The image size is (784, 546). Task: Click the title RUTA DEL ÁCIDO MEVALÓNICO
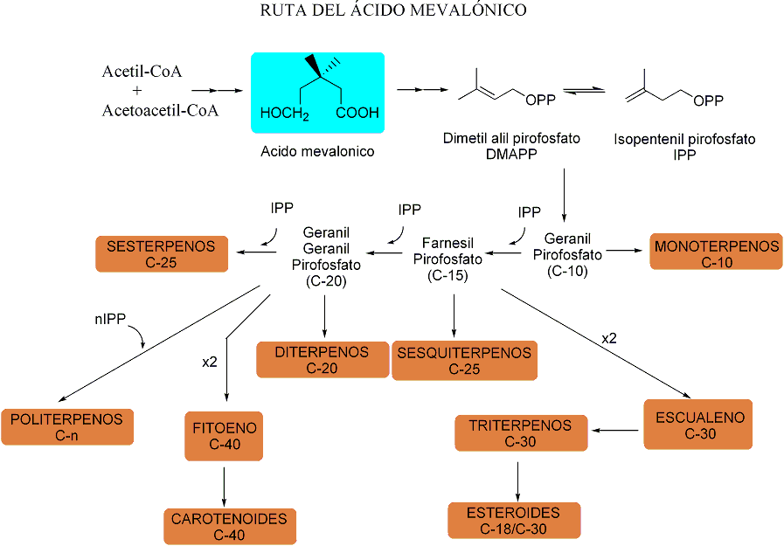pyautogui.click(x=393, y=10)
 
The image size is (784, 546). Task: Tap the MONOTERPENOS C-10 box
pyautogui.click(x=716, y=253)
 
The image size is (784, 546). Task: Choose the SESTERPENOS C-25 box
pyautogui.click(x=161, y=253)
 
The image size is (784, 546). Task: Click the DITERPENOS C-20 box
pyautogui.click(x=322, y=360)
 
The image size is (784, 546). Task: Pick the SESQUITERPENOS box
pyautogui.click(x=463, y=360)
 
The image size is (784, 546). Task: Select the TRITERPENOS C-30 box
pyautogui.click(x=521, y=433)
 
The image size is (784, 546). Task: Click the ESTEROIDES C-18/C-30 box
pyautogui.click(x=514, y=520)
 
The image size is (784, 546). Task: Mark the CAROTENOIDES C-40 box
pyautogui.click(x=229, y=527)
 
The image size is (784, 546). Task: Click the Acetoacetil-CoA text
pyautogui.click(x=160, y=111)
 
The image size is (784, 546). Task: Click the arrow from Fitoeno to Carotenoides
pyautogui.click(x=225, y=485)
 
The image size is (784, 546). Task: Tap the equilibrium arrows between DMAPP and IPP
pyautogui.click(x=585, y=92)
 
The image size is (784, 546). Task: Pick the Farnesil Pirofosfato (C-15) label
pyautogui.click(x=448, y=259)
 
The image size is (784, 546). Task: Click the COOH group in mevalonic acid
pyautogui.click(x=356, y=113)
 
